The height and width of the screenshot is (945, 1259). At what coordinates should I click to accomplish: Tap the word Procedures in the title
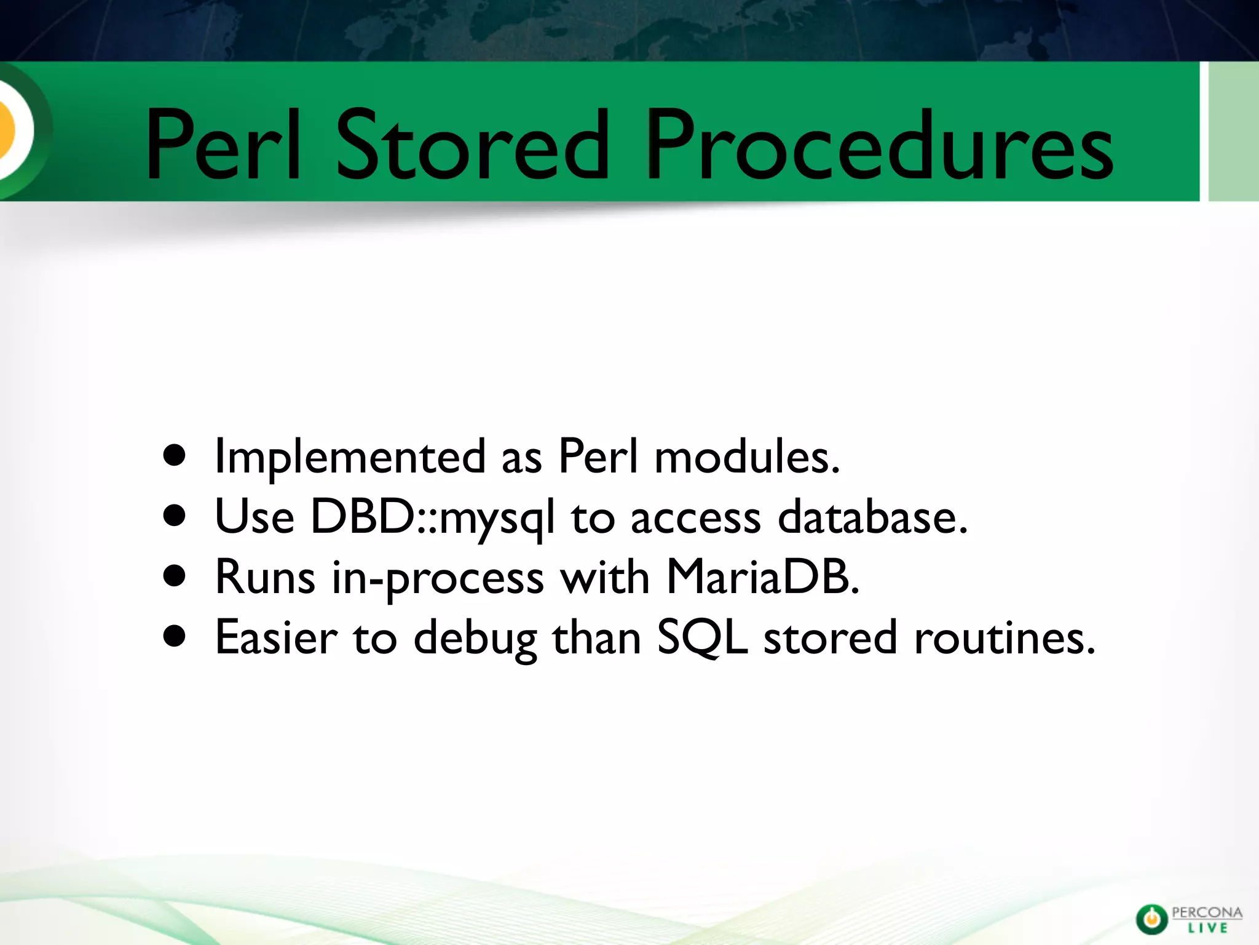click(879, 146)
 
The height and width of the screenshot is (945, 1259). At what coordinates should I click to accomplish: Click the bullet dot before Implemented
click(175, 456)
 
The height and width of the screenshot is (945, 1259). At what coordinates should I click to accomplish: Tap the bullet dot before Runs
click(175, 576)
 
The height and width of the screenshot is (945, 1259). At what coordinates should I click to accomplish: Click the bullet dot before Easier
click(175, 637)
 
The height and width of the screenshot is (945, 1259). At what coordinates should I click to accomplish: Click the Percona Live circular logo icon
click(1151, 919)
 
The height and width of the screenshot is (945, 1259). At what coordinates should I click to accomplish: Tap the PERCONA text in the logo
click(1207, 912)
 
